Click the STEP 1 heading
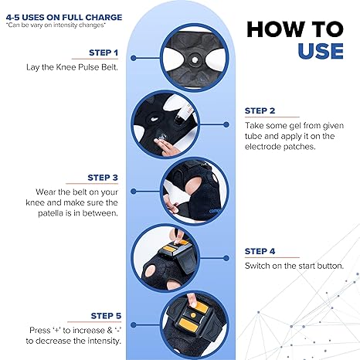[x=104, y=53]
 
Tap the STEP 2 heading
[x=260, y=110]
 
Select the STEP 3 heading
[x=103, y=178]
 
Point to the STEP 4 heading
[x=260, y=251]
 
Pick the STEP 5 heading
[x=106, y=316]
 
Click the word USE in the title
[x=321, y=51]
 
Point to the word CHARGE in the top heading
[x=104, y=18]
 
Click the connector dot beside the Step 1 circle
[x=134, y=58]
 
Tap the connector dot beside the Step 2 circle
[x=226, y=124]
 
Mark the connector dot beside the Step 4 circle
[x=226, y=258]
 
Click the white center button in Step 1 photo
[x=195, y=60]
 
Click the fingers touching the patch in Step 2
[x=165, y=146]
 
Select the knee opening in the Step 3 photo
[x=194, y=185]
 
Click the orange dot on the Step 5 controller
[x=193, y=315]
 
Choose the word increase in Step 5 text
[x=85, y=331]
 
